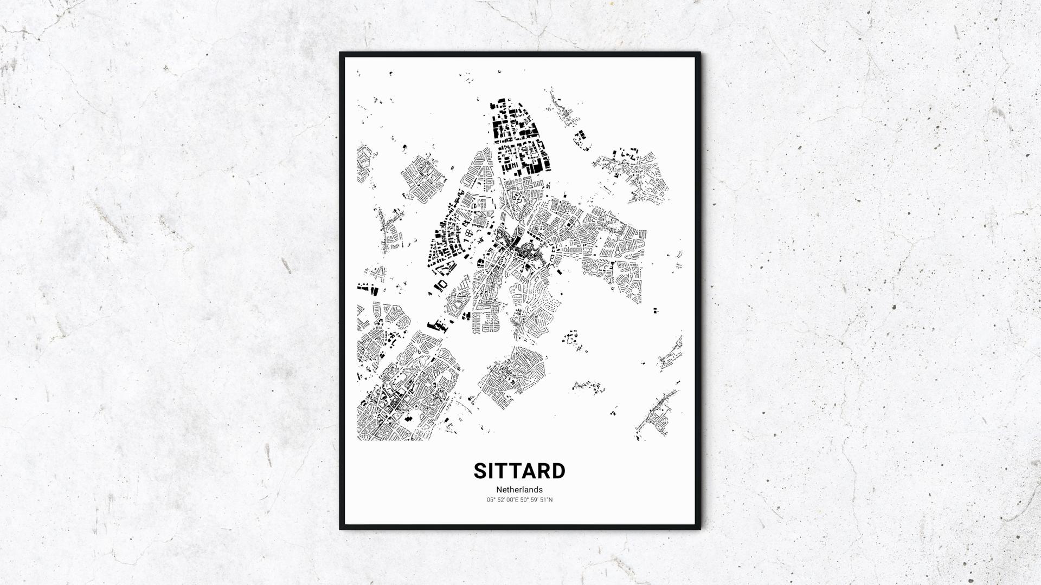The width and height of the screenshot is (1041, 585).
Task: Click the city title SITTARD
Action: point(519,471)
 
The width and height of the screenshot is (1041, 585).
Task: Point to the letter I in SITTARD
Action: point(493,471)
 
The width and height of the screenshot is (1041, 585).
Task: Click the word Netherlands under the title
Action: point(519,490)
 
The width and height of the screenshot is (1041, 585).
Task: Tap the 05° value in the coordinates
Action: point(491,500)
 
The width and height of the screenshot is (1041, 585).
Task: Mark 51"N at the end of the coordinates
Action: point(547,500)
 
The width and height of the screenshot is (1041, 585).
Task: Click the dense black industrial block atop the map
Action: point(518,138)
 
